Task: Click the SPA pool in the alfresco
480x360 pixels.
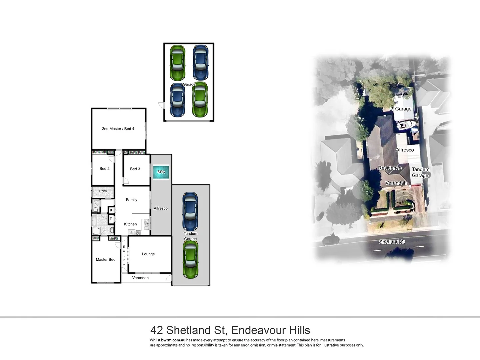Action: point(161,172)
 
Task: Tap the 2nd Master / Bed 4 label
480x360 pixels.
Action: point(118,129)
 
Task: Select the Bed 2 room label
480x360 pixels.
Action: point(104,169)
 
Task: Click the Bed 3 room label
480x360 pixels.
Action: point(135,169)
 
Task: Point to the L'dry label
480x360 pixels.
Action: point(103,191)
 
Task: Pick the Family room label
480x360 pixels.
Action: point(132,200)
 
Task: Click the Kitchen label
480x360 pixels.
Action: point(130,224)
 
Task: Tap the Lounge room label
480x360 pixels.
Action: point(148,254)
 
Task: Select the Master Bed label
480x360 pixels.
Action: point(106,260)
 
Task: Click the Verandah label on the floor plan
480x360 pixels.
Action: point(140,278)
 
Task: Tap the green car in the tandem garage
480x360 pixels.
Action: point(190,259)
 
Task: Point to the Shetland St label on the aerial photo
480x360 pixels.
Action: point(392,242)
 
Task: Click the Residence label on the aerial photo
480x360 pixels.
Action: point(390,168)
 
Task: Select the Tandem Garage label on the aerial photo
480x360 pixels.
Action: point(420,172)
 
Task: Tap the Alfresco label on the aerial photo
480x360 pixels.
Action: point(405,150)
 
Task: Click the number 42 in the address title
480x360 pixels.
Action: point(157,330)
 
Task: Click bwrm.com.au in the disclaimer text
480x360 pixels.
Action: point(173,340)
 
